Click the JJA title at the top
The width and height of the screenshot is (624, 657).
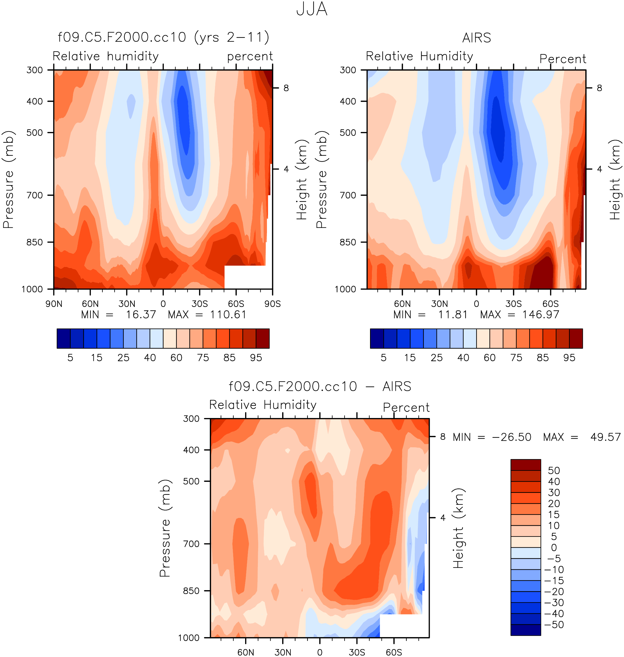coord(312,9)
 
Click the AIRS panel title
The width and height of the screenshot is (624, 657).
coord(476,38)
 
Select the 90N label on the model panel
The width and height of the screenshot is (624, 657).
coord(54,304)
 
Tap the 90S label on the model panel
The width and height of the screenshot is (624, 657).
coord(272,304)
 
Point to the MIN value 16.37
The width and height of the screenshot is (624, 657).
coord(141,314)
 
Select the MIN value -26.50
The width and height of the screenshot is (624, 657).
coord(512,437)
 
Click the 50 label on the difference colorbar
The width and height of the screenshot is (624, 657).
coord(554,471)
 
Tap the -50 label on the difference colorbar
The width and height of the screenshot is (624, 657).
coord(554,624)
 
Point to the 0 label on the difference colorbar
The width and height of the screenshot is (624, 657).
coord(554,548)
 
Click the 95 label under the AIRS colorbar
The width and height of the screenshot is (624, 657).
coord(569,358)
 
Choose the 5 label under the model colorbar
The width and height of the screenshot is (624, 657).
coord(70,358)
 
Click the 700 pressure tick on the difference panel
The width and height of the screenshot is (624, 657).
coord(191,544)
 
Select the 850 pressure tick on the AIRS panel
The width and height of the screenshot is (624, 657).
coord(348,242)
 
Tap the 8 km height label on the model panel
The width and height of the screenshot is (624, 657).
coord(286,88)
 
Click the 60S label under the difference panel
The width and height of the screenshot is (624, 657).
coord(394,652)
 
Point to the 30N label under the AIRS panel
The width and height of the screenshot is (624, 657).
coord(439,304)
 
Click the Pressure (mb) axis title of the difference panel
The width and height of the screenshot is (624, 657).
coord(165,528)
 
